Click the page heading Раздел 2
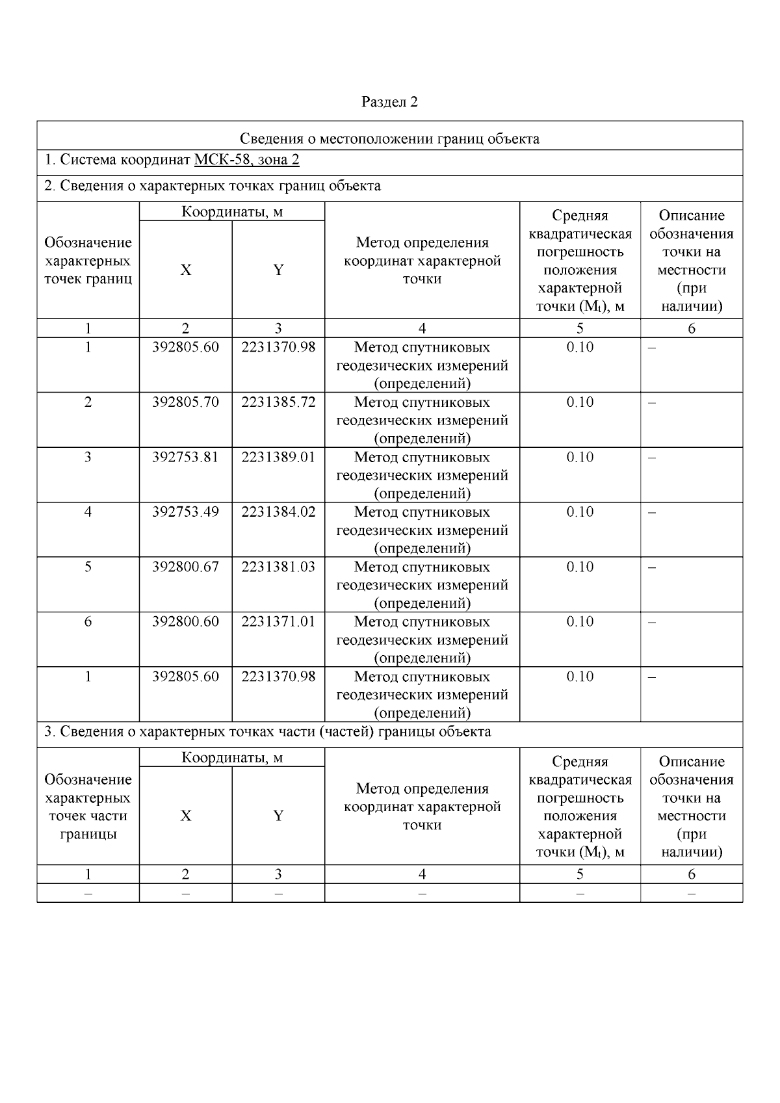click(389, 102)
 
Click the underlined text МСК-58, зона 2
click(246, 160)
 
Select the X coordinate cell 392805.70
click(185, 402)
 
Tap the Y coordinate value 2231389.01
click(278, 457)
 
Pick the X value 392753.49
click(185, 512)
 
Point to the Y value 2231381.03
click(278, 567)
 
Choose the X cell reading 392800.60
click(185, 622)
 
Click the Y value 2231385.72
click(278, 402)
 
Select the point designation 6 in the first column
click(88, 622)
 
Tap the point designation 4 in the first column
click(88, 512)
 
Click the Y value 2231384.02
click(278, 512)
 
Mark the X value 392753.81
click(185, 457)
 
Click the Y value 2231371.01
click(278, 622)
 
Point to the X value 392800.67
click(185, 567)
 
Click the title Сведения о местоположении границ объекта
click(389, 138)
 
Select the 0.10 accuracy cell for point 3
click(580, 457)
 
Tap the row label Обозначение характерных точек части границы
click(88, 807)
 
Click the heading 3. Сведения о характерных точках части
click(267, 732)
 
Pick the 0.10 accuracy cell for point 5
click(580, 567)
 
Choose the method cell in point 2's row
click(422, 420)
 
